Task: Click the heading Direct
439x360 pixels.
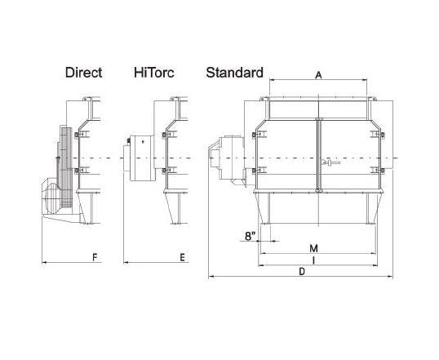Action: click(x=83, y=73)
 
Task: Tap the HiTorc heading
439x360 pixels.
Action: click(x=153, y=73)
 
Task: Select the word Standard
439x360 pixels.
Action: click(x=235, y=73)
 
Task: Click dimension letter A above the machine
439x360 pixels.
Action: click(x=318, y=75)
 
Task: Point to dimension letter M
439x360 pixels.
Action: click(x=314, y=248)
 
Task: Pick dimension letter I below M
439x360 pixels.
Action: click(x=314, y=260)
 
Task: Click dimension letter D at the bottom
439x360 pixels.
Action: click(x=302, y=272)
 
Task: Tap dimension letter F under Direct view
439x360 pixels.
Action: click(x=95, y=257)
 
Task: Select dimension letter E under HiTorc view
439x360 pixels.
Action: click(x=182, y=257)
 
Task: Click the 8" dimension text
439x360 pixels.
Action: click(x=251, y=236)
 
